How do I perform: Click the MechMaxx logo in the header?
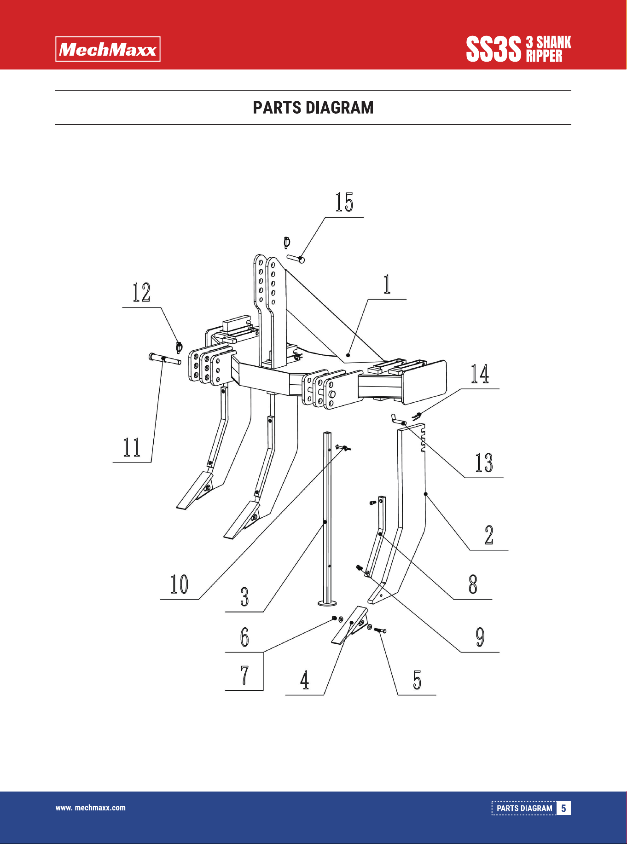tap(108, 49)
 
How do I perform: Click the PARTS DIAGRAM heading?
tap(313, 108)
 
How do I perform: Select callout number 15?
tap(344, 202)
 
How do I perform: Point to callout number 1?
tap(387, 284)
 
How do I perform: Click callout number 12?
tap(141, 293)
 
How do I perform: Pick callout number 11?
tap(132, 447)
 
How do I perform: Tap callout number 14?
tap(480, 374)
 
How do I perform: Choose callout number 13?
tap(484, 463)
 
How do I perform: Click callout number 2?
tap(489, 535)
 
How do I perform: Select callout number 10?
tap(179, 584)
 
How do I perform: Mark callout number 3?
tap(244, 597)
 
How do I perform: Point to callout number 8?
tap(473, 584)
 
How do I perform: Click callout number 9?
tap(480, 637)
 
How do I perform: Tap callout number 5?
tap(417, 680)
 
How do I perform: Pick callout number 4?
tap(305, 680)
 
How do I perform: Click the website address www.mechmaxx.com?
tap(91, 808)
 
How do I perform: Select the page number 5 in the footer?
tap(563, 808)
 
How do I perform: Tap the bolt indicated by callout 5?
tap(381, 630)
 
